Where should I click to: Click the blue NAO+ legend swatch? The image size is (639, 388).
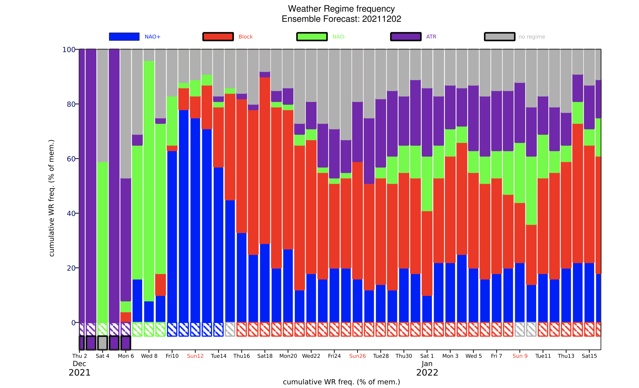pyautogui.click(x=124, y=36)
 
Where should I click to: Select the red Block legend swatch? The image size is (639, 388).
pyautogui.click(x=218, y=36)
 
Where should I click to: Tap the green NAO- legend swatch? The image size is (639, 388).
pyautogui.click(x=312, y=36)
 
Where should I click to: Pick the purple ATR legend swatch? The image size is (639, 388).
pyautogui.click(x=406, y=36)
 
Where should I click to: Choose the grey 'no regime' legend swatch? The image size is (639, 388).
pyautogui.click(x=499, y=36)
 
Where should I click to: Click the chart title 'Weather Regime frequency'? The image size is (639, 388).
pyautogui.click(x=341, y=9)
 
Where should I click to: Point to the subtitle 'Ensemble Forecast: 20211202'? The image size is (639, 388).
pyautogui.click(x=341, y=19)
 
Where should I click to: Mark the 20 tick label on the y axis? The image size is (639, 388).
pyautogui.click(x=71, y=268)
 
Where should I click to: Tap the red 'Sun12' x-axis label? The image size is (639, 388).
pyautogui.click(x=195, y=356)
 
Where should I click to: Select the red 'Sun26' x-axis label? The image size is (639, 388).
pyautogui.click(x=357, y=356)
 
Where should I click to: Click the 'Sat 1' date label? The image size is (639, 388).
pyautogui.click(x=427, y=356)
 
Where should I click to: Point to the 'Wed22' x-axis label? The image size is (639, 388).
pyautogui.click(x=311, y=356)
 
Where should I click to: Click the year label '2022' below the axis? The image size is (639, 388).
pyautogui.click(x=427, y=373)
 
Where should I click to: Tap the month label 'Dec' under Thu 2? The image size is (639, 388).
pyautogui.click(x=79, y=364)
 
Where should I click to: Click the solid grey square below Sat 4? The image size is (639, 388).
pyautogui.click(x=103, y=343)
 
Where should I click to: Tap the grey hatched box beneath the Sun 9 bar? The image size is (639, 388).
pyautogui.click(x=519, y=329)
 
